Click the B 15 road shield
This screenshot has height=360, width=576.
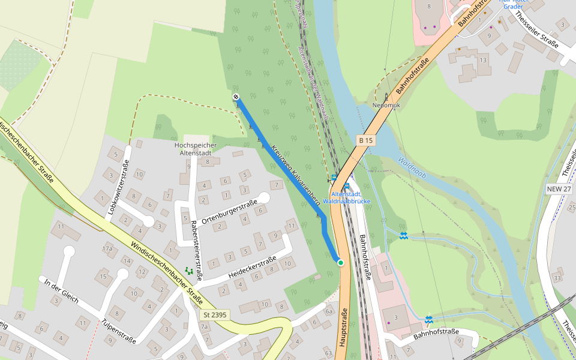coord(365,140)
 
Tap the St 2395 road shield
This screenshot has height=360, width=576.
coord(215,314)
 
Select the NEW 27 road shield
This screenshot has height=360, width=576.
coord(559,188)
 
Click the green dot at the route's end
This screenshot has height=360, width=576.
coord(340,263)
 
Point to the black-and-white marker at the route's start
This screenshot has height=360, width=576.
coord(236,97)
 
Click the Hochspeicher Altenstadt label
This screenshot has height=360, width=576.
coord(194,149)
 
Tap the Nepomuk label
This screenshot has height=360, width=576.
coord(386,104)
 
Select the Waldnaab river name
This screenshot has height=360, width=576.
coord(412,169)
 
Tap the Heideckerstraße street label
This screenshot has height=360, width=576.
coord(252,267)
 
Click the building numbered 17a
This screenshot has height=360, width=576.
coord(107,248)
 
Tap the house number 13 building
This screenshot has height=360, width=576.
coord(483,60)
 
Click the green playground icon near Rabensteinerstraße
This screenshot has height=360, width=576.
coord(190,271)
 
